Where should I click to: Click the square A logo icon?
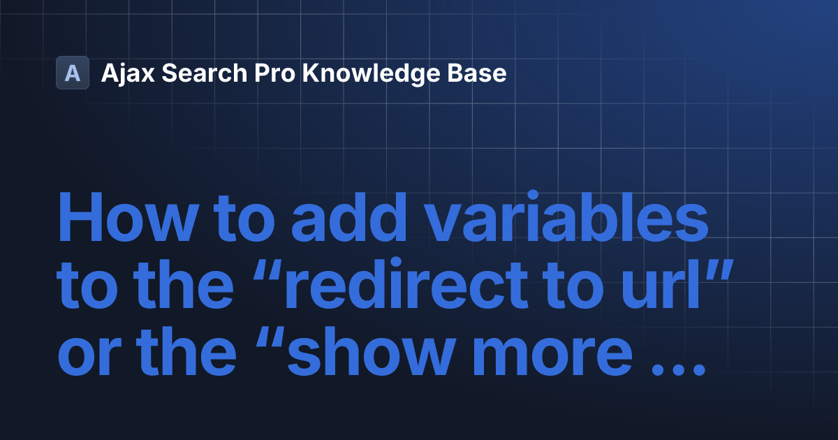(73, 73)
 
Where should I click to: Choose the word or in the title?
(84, 358)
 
